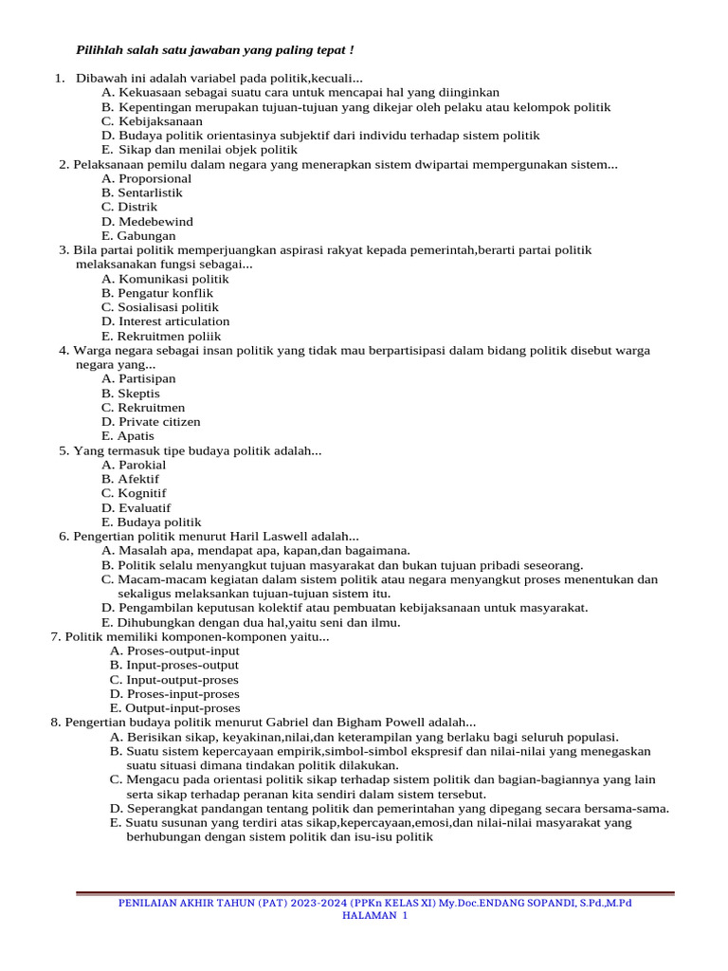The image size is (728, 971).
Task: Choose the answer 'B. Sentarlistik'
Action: tap(142, 192)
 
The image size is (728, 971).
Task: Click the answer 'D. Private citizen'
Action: tap(151, 422)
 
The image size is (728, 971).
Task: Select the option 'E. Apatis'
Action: tap(128, 436)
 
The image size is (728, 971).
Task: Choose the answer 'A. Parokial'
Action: tap(134, 465)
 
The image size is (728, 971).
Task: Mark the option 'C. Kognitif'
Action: tap(134, 493)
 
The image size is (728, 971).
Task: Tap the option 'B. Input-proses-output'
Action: tap(174, 666)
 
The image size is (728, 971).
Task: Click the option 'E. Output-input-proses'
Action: tap(174, 708)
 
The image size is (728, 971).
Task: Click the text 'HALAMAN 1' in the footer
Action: tap(374, 916)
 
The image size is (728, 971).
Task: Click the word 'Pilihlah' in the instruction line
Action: tap(99, 49)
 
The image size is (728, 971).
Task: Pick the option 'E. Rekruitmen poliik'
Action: tap(161, 336)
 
